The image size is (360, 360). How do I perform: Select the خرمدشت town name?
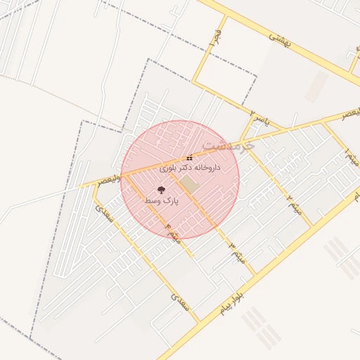(x=226, y=145)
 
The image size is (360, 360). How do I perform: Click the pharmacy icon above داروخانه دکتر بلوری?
(x=189, y=157)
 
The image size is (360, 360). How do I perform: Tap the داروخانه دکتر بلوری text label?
(x=190, y=168)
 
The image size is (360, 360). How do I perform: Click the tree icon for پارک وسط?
(x=162, y=190)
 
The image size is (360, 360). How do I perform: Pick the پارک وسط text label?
(x=162, y=201)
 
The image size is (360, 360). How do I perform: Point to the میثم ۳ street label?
(x=236, y=252)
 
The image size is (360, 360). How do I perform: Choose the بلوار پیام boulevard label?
(x=229, y=302)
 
